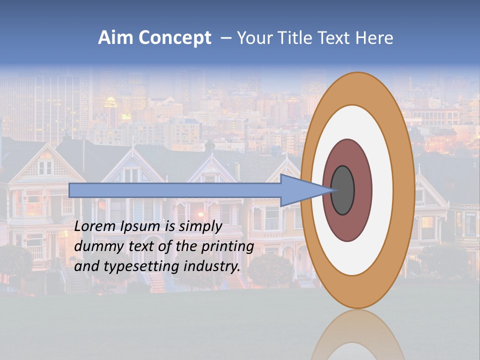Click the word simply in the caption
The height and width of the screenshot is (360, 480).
tap(200, 226)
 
